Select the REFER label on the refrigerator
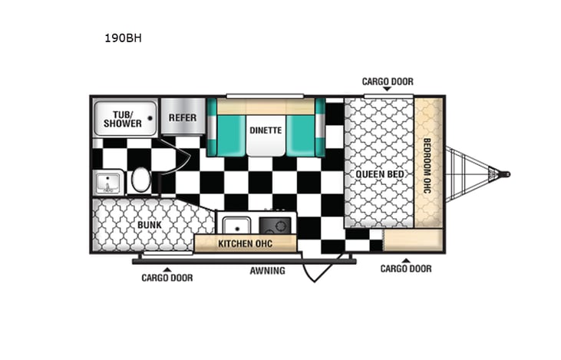(x=183, y=117)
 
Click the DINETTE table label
(x=266, y=130)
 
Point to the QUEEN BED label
(x=379, y=174)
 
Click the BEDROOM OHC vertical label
(x=428, y=164)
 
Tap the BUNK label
(x=149, y=225)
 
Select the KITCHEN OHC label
(x=245, y=244)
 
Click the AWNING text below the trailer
(x=267, y=270)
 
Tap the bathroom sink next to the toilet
(x=106, y=183)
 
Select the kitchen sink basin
(x=234, y=225)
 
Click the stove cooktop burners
(x=275, y=225)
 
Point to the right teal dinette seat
(x=305, y=129)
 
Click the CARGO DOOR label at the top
(x=388, y=81)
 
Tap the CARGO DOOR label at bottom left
(x=167, y=277)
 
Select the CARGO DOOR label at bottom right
(x=406, y=269)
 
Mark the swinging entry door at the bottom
(x=316, y=269)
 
